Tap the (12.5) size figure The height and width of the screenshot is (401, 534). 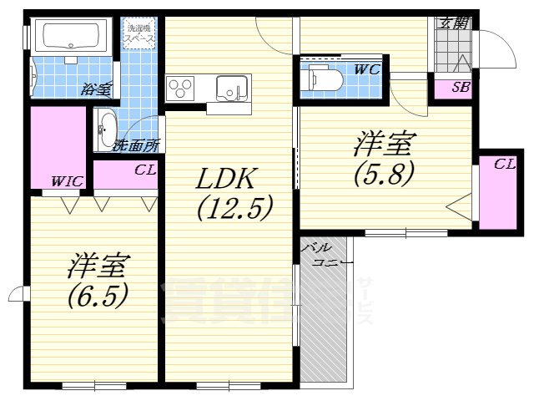234,207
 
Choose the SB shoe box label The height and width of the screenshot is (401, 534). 460,87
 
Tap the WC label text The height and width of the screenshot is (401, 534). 366,70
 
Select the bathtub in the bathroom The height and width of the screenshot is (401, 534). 70,36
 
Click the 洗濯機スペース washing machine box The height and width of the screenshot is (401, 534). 139,35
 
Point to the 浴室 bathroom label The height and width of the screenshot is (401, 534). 96,89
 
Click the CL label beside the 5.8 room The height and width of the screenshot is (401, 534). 503,165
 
